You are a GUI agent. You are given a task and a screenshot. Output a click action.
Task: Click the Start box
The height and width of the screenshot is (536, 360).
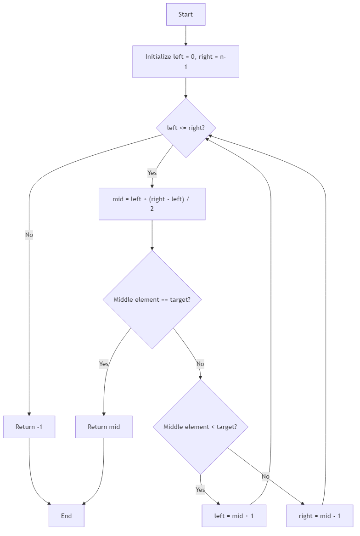(x=186, y=14)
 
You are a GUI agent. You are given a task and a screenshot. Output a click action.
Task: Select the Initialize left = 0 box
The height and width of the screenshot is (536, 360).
(x=186, y=62)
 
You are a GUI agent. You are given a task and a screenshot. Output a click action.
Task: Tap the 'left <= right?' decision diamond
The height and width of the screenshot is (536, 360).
(x=186, y=128)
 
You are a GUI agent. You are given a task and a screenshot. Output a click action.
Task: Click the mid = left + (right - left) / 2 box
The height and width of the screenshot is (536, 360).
(x=152, y=203)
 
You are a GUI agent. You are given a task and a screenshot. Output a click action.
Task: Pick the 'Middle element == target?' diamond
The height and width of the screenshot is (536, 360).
(x=152, y=299)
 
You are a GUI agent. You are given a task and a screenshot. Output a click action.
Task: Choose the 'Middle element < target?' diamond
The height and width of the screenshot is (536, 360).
(x=201, y=427)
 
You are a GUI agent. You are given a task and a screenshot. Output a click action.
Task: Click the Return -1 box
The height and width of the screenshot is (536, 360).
(x=29, y=427)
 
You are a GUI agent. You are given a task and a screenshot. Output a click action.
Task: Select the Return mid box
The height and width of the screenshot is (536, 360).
(x=104, y=427)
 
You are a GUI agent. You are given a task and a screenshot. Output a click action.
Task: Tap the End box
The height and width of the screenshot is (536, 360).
(x=67, y=516)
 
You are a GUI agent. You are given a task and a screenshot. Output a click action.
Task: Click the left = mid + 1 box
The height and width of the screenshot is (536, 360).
(x=234, y=516)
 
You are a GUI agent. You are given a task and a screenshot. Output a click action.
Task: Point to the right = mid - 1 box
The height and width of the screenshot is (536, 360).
(x=320, y=516)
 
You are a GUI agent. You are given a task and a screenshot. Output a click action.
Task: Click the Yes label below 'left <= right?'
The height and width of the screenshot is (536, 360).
(x=152, y=173)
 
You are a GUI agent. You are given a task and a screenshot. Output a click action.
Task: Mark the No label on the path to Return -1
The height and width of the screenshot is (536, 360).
(x=29, y=235)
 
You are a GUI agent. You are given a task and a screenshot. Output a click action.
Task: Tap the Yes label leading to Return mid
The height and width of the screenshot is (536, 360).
(x=104, y=364)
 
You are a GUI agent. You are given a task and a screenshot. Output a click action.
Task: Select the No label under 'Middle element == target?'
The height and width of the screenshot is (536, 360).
(x=200, y=364)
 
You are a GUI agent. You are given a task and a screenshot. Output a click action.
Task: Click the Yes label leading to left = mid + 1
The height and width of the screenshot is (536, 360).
(x=200, y=490)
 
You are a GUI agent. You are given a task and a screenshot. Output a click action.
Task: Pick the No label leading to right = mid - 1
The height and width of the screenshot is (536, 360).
(x=265, y=476)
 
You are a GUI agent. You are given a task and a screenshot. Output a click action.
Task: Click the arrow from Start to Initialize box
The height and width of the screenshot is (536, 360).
(x=186, y=35)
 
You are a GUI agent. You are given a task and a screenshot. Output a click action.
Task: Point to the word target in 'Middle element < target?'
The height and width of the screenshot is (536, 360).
(x=225, y=427)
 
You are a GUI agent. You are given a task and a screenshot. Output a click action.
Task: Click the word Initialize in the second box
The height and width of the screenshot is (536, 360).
(x=158, y=57)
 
